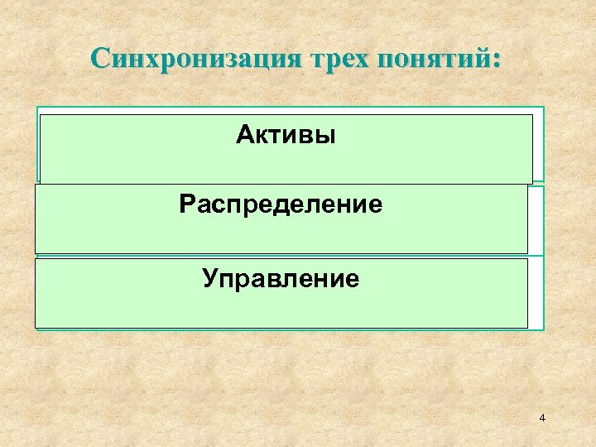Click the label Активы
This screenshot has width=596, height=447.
pyautogui.click(x=286, y=136)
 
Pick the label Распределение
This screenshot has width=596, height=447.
pyautogui.click(x=281, y=204)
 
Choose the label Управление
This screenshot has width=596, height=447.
pyautogui.click(x=281, y=278)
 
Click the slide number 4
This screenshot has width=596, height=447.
pyautogui.click(x=541, y=419)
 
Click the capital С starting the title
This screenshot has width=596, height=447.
pyautogui.click(x=102, y=59)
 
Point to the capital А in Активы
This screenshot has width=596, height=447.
pyautogui.click(x=244, y=136)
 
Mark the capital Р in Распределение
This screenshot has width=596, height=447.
pyautogui.click(x=186, y=204)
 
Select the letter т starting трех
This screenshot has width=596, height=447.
pyautogui.click(x=314, y=61)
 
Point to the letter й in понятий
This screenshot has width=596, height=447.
pyautogui.click(x=484, y=60)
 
